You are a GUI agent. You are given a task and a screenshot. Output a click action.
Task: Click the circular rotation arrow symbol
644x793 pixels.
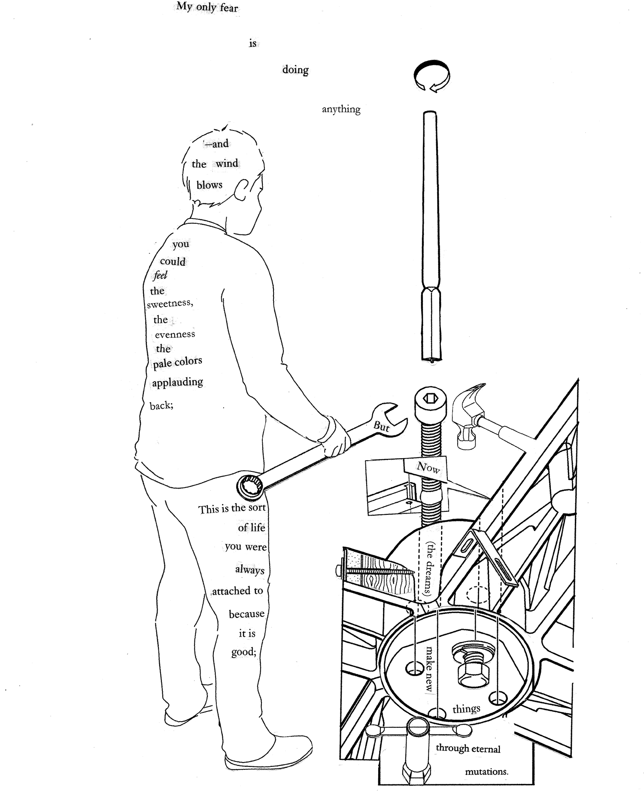coord(431,76)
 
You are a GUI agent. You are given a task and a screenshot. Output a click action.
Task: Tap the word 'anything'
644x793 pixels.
coord(341,109)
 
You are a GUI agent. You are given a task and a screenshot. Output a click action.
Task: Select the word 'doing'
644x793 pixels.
coord(295,70)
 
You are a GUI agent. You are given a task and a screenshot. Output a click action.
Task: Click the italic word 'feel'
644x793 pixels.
coord(160,275)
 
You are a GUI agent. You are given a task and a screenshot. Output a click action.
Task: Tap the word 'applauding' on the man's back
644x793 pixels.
coord(177,382)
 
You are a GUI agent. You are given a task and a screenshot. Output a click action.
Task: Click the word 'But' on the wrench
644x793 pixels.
coord(382,426)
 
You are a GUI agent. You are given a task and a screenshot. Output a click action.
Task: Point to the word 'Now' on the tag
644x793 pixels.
coord(428,468)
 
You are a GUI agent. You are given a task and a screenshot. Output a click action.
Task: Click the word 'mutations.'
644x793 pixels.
coord(486,772)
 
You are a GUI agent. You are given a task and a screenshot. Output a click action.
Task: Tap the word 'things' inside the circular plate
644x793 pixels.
coord(466,709)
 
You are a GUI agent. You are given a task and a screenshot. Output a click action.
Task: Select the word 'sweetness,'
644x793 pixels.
coord(170,304)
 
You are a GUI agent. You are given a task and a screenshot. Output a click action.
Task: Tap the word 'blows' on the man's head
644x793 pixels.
coord(210,185)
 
